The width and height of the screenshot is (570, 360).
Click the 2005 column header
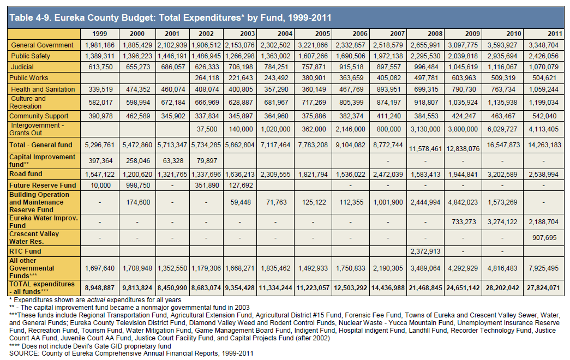coord(322,34)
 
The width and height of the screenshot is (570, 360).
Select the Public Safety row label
coord(31,56)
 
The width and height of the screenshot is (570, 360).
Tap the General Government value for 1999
coord(100,45)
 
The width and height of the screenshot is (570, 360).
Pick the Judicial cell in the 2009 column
coord(463,67)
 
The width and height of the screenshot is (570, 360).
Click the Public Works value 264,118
coord(207,78)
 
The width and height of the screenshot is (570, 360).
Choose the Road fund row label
coord(26,174)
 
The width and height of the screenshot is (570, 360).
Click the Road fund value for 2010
coord(502,174)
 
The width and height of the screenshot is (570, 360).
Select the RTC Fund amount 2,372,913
coord(425,251)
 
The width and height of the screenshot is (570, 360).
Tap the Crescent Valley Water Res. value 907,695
coord(544,237)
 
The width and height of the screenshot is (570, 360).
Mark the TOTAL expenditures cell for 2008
coord(425,287)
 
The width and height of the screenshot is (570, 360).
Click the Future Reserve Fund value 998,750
coord(138,185)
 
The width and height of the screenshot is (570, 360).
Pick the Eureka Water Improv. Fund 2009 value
coord(464,221)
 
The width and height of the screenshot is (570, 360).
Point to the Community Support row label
coord(39,116)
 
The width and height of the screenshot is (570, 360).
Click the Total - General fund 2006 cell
coord(350,145)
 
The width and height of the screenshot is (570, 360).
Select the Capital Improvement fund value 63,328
coord(173,161)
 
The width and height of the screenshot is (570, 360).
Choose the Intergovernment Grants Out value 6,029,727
coord(502,129)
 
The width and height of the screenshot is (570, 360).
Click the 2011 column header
coord(555,34)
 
